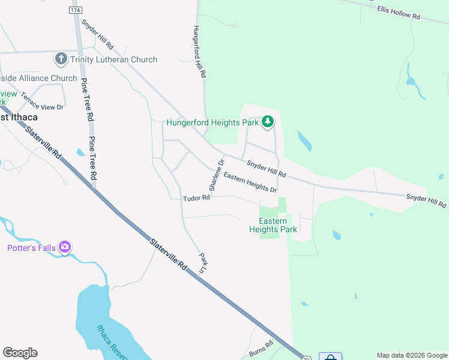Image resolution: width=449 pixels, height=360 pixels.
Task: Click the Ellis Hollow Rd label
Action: tap(406, 12)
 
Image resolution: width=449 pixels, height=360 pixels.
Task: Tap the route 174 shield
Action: tap(75, 11)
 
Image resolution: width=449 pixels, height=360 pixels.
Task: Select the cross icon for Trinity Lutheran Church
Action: tap(61, 59)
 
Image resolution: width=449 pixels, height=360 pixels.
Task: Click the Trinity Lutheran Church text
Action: tap(113, 59)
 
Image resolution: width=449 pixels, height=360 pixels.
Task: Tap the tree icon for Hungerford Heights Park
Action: tap(268, 122)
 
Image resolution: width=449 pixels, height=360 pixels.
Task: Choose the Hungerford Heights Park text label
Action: tap(212, 123)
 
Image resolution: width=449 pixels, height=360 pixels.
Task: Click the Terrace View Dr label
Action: tap(41, 101)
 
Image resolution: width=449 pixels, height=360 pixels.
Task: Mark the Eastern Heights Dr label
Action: tap(250, 182)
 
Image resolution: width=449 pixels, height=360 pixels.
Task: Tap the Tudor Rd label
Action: tap(196, 198)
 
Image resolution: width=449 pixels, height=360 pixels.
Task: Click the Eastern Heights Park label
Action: tap(273, 225)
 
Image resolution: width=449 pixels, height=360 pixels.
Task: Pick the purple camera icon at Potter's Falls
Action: tap(65, 247)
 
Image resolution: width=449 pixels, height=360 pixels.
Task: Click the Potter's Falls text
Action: tap(31, 248)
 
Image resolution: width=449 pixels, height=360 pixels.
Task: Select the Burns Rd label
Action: tap(261, 347)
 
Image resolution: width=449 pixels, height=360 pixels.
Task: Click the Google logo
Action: tap(20, 353)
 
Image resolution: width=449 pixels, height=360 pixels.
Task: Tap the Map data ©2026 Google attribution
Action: tap(411, 355)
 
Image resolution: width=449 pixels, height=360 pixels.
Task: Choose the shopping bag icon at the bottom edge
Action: tap(330, 356)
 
